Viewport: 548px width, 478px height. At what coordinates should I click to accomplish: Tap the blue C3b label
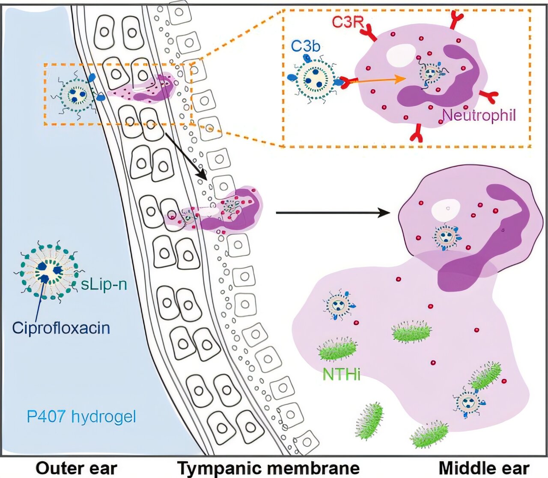click(306, 46)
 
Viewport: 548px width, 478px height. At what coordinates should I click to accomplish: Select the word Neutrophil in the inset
click(479, 115)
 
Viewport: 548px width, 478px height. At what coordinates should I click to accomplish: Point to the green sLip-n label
click(104, 284)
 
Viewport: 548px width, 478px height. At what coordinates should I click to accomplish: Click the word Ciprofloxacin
click(61, 328)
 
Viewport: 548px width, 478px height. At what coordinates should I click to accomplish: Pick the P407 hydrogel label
click(81, 416)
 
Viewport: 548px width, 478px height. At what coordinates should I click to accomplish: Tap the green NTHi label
click(341, 374)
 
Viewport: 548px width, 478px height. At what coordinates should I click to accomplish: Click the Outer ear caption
click(76, 468)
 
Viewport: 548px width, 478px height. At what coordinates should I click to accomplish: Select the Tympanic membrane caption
click(268, 468)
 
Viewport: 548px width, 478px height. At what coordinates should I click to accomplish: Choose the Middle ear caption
click(484, 468)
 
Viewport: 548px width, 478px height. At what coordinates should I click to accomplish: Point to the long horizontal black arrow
click(334, 212)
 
